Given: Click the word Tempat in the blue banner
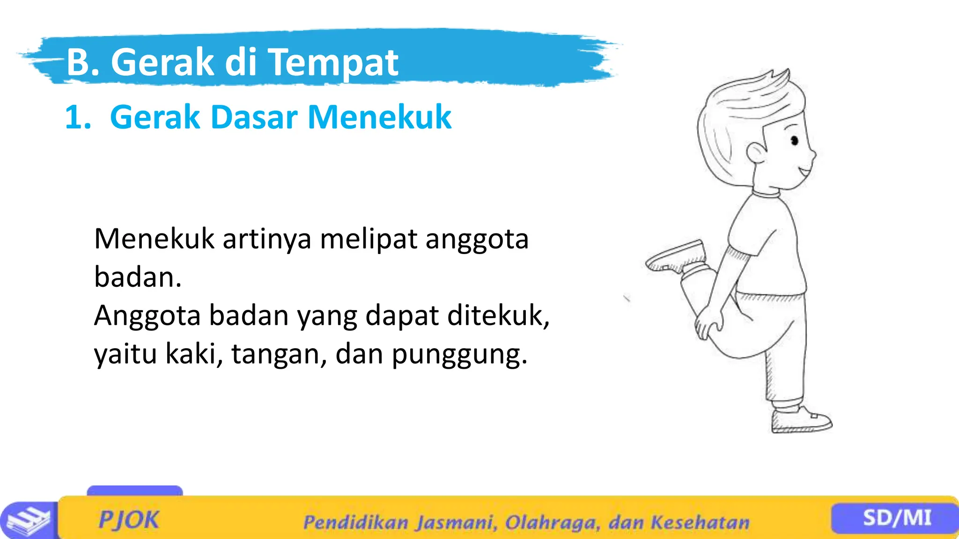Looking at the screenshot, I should (x=333, y=63).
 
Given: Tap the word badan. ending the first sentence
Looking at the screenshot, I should (x=138, y=277).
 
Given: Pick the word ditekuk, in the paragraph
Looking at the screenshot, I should (x=498, y=316).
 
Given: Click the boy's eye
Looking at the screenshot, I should (x=794, y=140).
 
